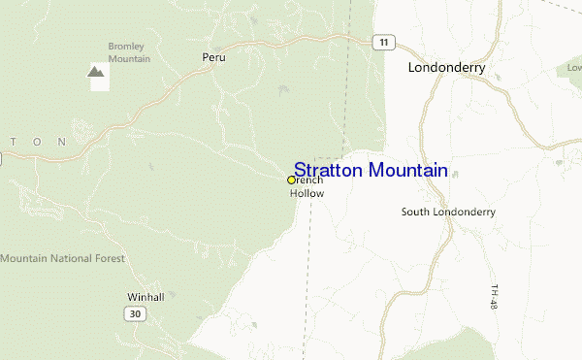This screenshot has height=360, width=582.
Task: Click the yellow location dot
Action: click(291, 180)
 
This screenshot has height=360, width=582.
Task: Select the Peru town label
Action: click(213, 58)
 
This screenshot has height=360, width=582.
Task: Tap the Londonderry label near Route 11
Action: click(446, 68)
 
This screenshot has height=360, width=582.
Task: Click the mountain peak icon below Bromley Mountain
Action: click(96, 72)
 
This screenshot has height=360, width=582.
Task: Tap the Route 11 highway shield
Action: click(385, 42)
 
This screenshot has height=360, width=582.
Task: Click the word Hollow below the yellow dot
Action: click(307, 193)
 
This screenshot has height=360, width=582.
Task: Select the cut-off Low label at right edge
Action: click(573, 69)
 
